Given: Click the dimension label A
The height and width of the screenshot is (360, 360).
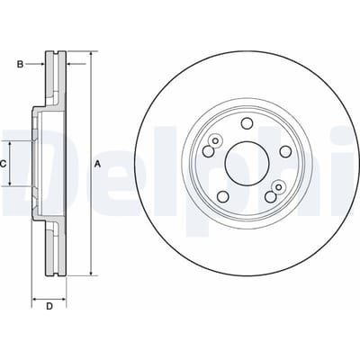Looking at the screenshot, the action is pos(97,164).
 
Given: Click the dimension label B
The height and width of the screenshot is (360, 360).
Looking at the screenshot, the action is pos(20,64).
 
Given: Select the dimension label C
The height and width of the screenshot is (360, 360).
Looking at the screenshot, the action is pos(3,164).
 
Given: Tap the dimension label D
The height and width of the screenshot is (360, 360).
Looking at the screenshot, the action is pos(49,306).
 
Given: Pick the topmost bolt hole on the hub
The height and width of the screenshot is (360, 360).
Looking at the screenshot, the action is pos(247,123).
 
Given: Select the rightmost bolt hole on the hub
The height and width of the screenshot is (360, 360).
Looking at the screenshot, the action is pos(285,151).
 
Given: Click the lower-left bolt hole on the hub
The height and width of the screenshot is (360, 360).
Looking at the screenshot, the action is pos(223,197).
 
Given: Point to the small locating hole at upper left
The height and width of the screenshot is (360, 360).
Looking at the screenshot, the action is pos(215,140).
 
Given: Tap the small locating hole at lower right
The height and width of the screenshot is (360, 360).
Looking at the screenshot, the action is pos(278,187).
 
